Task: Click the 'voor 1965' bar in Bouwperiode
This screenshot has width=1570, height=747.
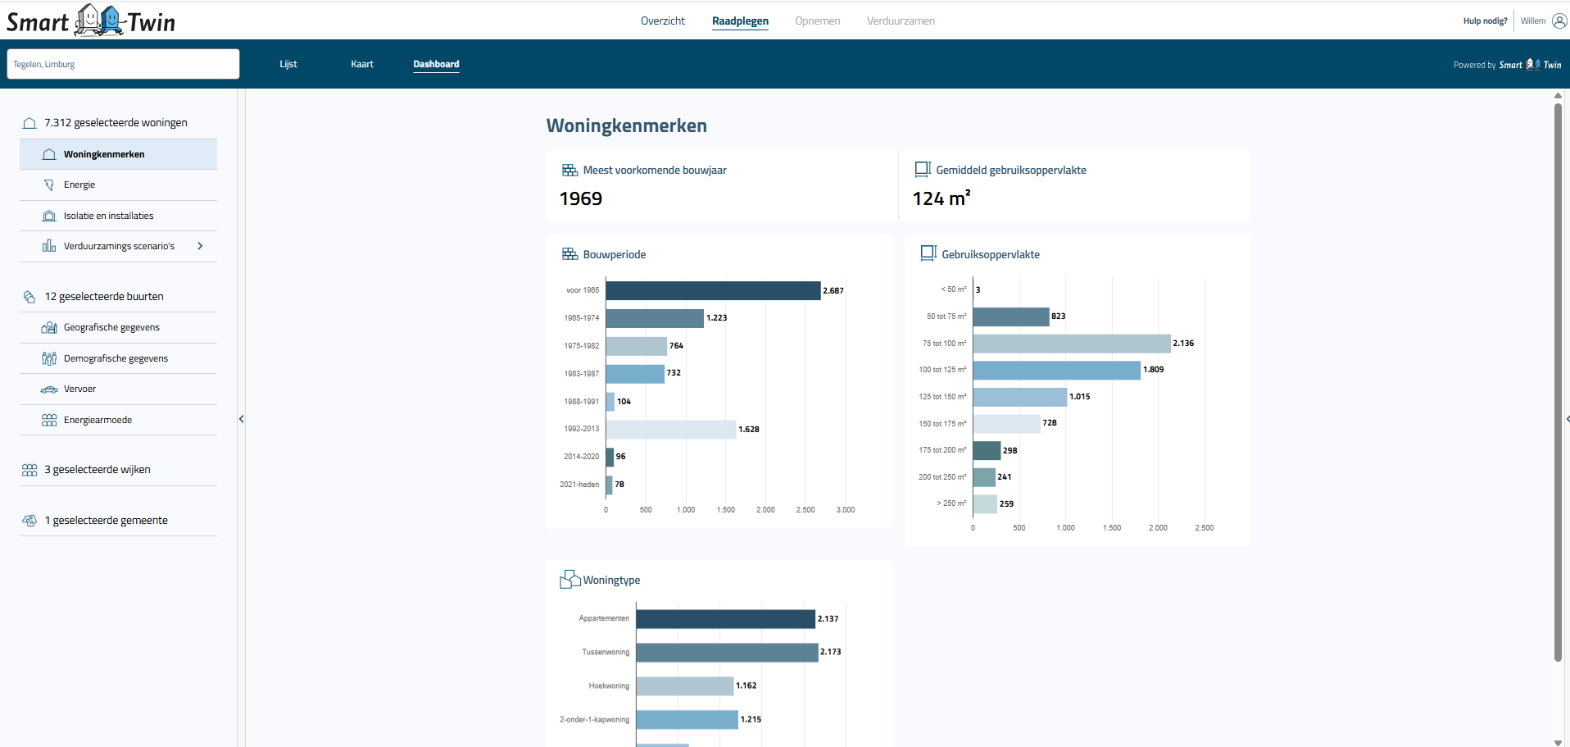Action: (x=713, y=290)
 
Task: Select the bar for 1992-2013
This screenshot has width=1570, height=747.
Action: (x=670, y=429)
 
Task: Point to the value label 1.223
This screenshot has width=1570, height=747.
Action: (x=716, y=318)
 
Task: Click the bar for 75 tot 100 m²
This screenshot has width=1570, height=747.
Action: (x=1071, y=344)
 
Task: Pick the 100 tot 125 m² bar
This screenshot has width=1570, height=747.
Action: (x=1056, y=370)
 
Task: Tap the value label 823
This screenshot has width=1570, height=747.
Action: (x=1058, y=317)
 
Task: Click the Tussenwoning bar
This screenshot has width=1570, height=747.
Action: (x=727, y=652)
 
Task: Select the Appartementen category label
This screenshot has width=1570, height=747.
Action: (x=604, y=618)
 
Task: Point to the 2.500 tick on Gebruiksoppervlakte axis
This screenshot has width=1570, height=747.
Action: (x=1204, y=528)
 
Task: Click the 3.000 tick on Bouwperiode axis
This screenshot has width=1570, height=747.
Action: (x=845, y=510)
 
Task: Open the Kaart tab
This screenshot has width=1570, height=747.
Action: (x=361, y=64)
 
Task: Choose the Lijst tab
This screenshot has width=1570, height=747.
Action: (x=288, y=64)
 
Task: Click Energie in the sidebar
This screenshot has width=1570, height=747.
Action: (x=79, y=185)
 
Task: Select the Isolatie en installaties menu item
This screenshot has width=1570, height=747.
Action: (x=108, y=216)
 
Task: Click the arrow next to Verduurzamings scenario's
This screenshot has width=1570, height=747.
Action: (x=200, y=246)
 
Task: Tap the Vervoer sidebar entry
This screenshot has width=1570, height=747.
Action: (x=79, y=389)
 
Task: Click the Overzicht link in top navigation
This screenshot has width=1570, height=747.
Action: (x=662, y=21)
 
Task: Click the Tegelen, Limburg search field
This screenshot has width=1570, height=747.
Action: (x=123, y=64)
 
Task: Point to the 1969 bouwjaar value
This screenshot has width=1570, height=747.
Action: (x=580, y=199)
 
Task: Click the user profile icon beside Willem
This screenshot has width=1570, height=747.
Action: (x=1559, y=21)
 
